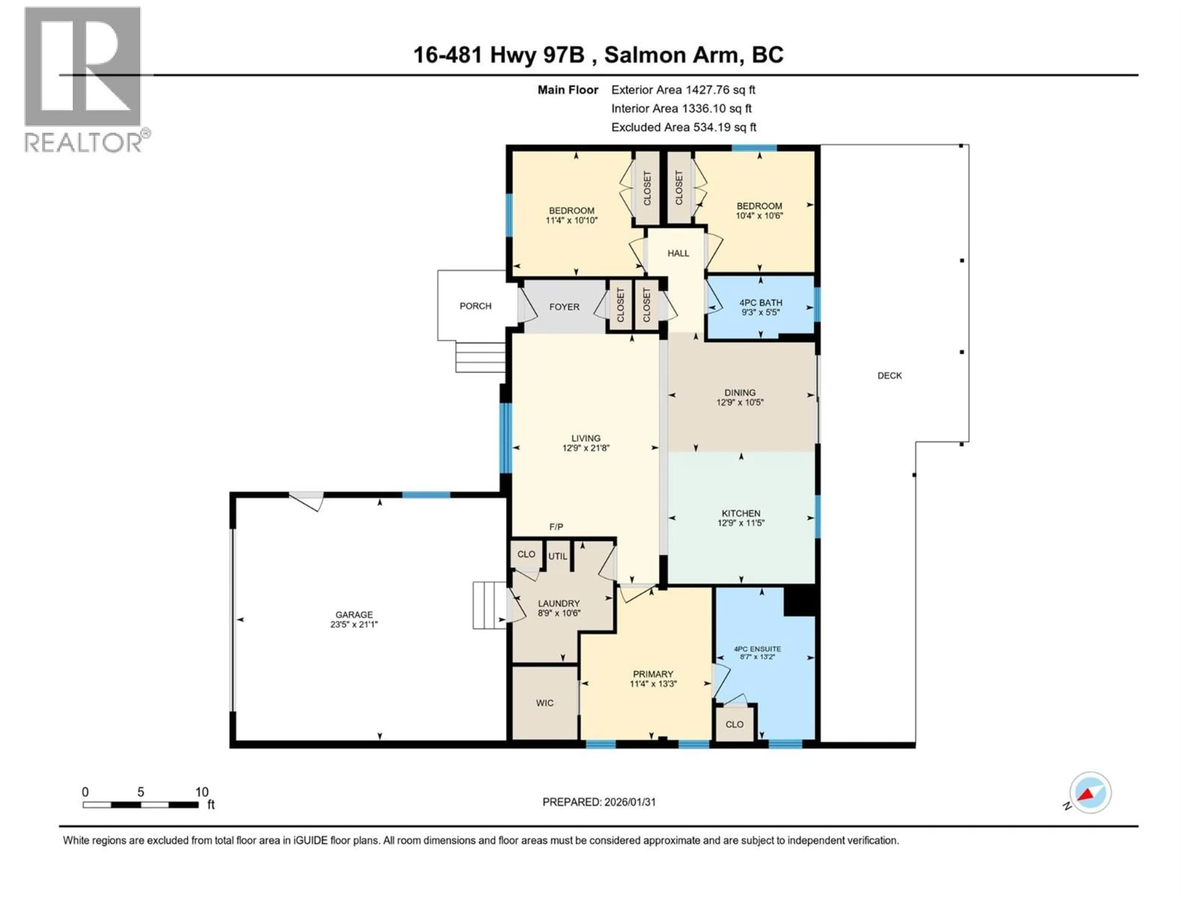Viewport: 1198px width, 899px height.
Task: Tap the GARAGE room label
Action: [354, 615]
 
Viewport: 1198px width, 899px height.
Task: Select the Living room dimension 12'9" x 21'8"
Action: [586, 448]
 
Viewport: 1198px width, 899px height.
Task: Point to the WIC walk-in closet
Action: [544, 703]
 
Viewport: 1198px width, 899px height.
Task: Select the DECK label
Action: [889, 376]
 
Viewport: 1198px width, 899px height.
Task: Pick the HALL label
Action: [678, 253]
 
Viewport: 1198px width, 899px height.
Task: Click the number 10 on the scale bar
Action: [202, 792]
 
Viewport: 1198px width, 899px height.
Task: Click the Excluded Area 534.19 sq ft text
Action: [684, 127]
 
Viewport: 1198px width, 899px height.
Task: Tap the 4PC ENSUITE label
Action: [757, 649]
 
